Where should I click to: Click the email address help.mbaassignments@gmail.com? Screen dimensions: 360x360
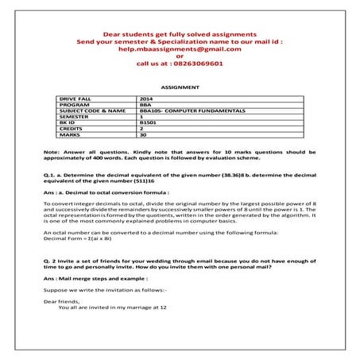click(180, 49)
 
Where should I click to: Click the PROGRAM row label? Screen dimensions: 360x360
click(73, 104)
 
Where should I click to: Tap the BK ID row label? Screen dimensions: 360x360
click(69, 123)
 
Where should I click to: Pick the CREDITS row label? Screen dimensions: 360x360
click(72, 130)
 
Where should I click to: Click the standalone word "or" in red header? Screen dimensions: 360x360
click(180, 56)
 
